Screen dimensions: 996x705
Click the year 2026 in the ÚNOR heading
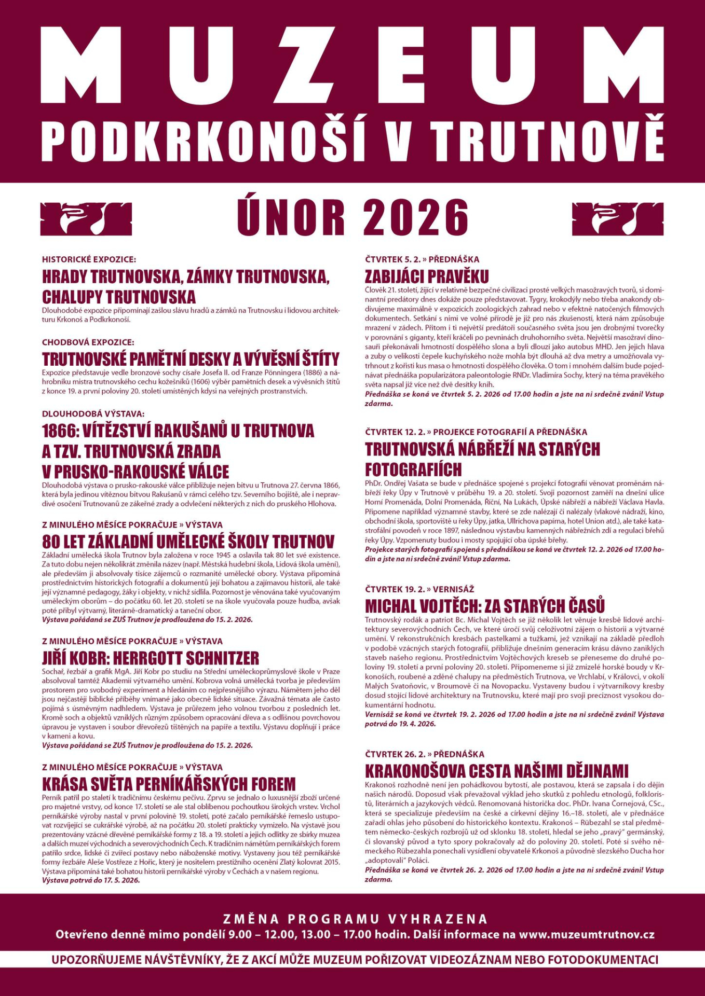coord(415,217)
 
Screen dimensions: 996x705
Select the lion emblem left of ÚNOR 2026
coord(86,218)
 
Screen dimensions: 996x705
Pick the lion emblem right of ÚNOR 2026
coord(617,218)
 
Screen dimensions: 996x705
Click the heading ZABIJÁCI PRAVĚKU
coord(427,276)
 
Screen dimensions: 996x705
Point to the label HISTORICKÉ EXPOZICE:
coord(89,259)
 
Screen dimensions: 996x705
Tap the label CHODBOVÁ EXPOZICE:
coord(88,342)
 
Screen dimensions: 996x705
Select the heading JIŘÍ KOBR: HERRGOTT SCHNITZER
coord(151,658)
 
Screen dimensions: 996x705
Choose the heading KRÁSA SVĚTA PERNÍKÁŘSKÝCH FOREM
coord(169,783)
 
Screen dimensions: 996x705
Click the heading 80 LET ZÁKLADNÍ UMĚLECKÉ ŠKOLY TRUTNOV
coord(188,542)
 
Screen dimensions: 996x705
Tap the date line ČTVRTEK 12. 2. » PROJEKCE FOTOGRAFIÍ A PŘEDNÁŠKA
coord(476,432)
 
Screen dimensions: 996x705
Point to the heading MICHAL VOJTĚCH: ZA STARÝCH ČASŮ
coord(485,606)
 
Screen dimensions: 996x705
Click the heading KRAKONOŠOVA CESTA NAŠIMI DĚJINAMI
coord(496,770)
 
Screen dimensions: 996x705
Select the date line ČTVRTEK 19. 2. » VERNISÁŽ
coord(419,589)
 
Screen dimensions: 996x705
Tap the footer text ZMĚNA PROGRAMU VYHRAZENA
coord(356,919)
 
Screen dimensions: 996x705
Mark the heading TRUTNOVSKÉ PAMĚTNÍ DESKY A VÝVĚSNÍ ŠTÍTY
coord(191,359)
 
